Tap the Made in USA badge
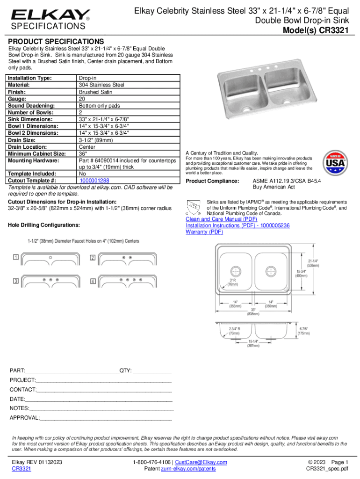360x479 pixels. coord(336,162)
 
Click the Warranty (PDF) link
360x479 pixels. coord(204,232)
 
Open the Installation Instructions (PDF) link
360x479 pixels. coord(238,225)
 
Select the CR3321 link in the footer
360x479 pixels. coord(22,469)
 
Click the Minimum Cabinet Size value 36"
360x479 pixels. coord(83,153)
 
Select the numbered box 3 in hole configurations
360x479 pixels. coord(16,281)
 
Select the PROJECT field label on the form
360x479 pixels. coord(23,380)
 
